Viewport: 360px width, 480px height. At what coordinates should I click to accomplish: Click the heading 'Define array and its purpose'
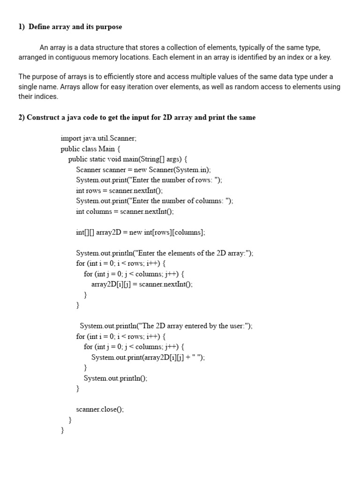tap(75, 27)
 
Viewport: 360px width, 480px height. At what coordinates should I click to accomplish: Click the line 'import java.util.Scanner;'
tap(98, 138)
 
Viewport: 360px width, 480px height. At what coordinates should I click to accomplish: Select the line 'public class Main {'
tap(90, 149)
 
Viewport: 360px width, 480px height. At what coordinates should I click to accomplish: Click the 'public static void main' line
tap(128, 159)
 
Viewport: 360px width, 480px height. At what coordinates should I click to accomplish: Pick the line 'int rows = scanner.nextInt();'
tap(119, 190)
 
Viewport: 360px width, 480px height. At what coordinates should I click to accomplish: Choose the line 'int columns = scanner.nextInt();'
tap(125, 211)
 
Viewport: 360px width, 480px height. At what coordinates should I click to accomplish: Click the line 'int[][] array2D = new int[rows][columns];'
tap(141, 232)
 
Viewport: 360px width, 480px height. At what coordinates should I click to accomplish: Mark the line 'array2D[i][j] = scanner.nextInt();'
tap(142, 284)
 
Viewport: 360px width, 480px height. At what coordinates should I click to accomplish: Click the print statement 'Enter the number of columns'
tap(155, 201)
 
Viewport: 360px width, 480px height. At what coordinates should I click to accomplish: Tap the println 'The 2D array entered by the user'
tap(166, 326)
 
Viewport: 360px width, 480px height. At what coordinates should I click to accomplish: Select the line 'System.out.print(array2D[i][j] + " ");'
tap(148, 357)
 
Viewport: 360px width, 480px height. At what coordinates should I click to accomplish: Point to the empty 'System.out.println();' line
tap(115, 378)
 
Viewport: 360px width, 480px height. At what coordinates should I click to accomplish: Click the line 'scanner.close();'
tap(100, 409)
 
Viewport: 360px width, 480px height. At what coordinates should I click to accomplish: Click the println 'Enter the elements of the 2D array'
tap(165, 253)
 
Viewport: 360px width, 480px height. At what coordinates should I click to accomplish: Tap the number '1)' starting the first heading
tap(22, 27)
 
